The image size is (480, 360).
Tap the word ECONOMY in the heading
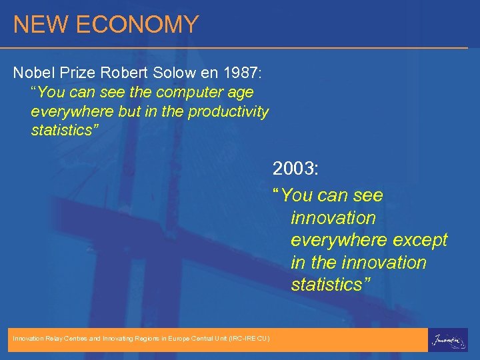tap(137, 25)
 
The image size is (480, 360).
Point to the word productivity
tap(228, 111)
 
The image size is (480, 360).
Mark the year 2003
tap(295, 169)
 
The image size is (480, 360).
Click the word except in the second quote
tap(419, 240)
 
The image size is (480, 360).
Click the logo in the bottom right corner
tap(447, 339)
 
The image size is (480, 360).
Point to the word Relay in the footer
tap(55, 339)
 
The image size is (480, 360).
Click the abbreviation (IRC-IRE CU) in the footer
tap(248, 339)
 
